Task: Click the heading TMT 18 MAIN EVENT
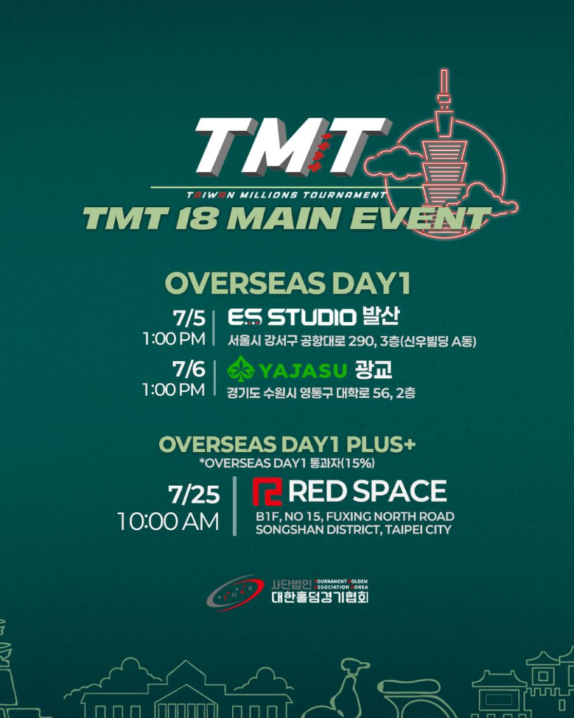click(x=286, y=217)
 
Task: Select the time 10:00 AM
click(x=168, y=522)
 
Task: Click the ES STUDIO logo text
click(x=292, y=318)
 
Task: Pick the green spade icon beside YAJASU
click(x=242, y=369)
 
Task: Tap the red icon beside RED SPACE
click(x=267, y=492)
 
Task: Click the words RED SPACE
click(x=367, y=492)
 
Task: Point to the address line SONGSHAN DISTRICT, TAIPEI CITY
click(x=353, y=529)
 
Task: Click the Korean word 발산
click(x=381, y=317)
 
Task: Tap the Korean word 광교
click(x=373, y=369)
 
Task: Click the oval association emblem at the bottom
click(x=235, y=593)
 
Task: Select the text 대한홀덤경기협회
click(x=320, y=598)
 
